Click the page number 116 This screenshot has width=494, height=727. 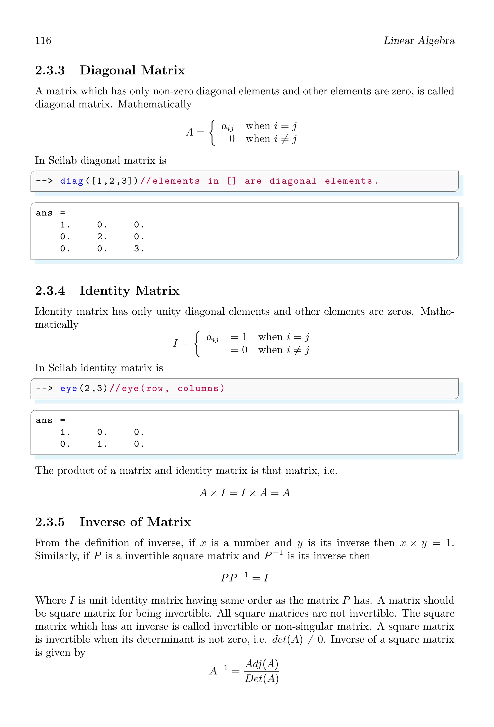[x=43, y=41]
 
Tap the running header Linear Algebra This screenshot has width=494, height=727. [x=419, y=41]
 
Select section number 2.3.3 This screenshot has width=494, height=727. [x=50, y=70]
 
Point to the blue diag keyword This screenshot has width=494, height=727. [x=72, y=181]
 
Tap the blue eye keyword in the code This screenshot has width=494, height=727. [x=69, y=388]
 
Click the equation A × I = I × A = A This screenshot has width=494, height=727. [x=245, y=493]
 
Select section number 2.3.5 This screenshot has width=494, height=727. [x=50, y=522]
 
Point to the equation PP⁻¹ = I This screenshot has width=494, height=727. [x=245, y=577]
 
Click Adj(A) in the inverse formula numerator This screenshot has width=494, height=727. [x=262, y=664]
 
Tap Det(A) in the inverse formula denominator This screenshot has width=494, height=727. [x=262, y=679]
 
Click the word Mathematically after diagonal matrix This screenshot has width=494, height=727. [x=155, y=104]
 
